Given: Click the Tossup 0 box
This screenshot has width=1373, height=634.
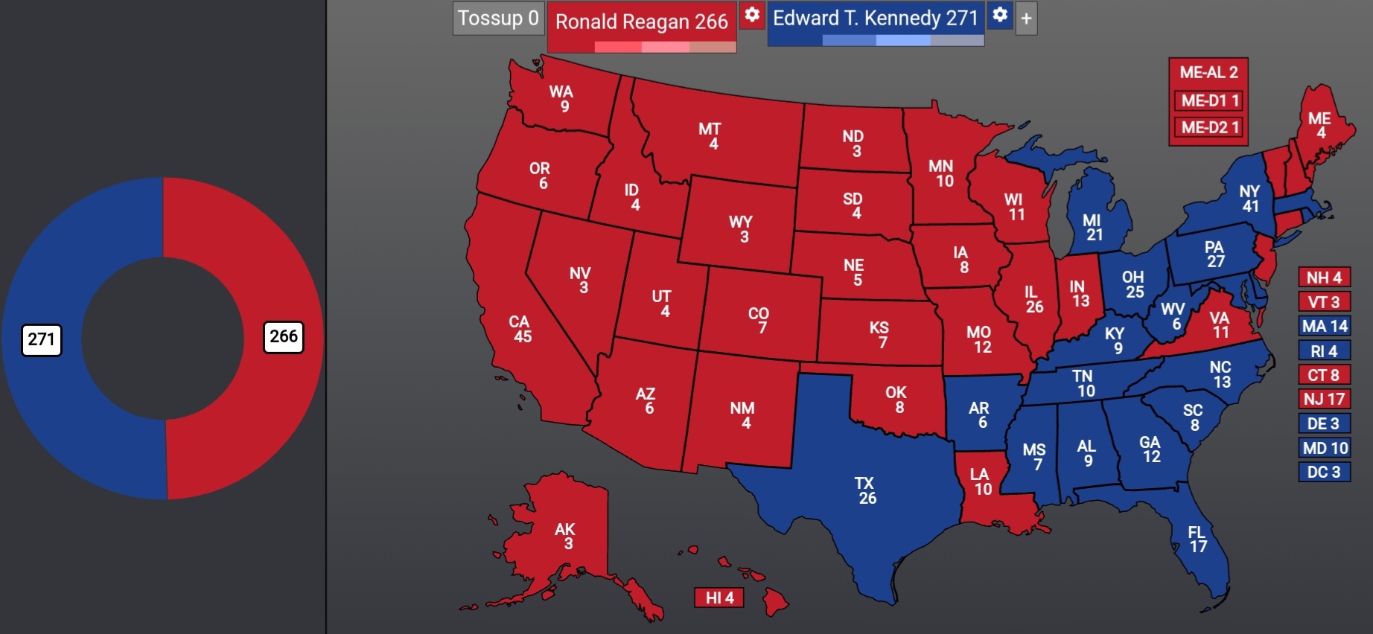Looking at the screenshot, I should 497,18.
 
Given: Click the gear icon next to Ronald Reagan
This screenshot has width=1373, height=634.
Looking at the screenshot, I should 753,15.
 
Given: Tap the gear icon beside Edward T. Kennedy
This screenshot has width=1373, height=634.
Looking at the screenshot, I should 1000,15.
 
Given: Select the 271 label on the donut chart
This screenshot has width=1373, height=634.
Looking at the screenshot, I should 42,340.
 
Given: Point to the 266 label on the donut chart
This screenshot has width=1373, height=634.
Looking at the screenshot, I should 284,337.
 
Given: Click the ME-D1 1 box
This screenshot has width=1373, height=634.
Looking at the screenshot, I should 1210,100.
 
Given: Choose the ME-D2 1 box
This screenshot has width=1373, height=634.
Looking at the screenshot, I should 1210,127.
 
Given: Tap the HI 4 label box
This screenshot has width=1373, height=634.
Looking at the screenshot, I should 719,598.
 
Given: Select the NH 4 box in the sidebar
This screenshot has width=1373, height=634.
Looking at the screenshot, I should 1324,278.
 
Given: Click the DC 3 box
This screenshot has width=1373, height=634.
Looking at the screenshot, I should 1324,472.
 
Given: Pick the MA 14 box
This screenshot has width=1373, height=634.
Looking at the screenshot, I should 1324,326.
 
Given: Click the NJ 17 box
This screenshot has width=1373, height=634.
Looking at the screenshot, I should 1324,399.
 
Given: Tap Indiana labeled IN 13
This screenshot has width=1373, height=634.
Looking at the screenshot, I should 1079,293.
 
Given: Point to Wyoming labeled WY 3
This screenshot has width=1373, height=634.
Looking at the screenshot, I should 742,228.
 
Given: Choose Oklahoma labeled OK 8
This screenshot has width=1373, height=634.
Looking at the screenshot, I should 896,400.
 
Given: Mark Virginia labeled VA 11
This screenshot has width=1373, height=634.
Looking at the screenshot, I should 1219,326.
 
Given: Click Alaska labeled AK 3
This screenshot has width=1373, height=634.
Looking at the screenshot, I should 566,536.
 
